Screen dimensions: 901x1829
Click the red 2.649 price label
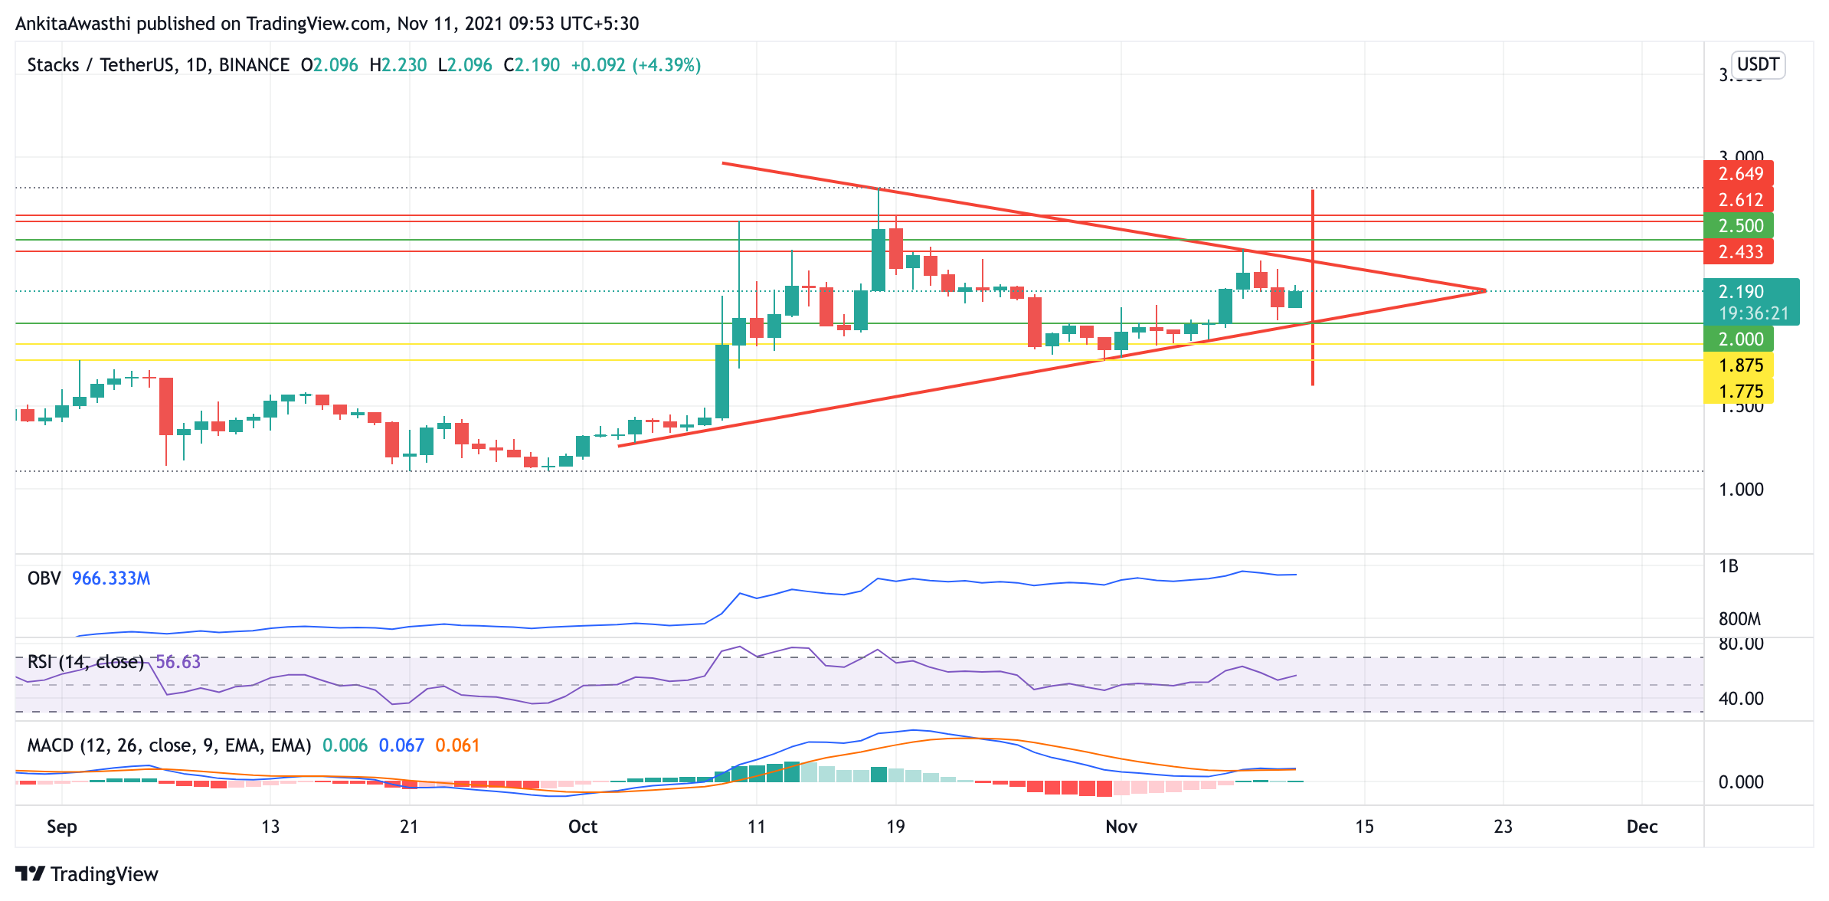[x=1739, y=174]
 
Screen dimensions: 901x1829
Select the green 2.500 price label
[x=1739, y=226]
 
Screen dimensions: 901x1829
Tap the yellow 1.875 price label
[x=1739, y=365]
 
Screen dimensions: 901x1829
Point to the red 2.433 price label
[x=1739, y=252]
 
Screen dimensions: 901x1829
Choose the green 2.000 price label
[x=1739, y=339]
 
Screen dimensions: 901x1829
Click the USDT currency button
[x=1757, y=64]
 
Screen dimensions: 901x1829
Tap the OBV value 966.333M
[x=111, y=578]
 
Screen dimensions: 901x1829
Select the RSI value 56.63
[x=178, y=662]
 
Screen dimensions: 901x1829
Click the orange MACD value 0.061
[x=457, y=745]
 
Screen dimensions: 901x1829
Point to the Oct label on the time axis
[x=583, y=827]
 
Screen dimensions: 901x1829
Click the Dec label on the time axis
[x=1642, y=827]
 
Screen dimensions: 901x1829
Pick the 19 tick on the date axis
[x=895, y=827]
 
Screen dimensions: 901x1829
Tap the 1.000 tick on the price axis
[x=1740, y=490]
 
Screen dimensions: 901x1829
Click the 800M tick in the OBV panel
[x=1739, y=619]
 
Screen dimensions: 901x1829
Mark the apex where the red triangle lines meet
[x=1484, y=290]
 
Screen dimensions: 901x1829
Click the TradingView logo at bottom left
[x=87, y=874]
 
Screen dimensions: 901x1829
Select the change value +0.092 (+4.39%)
[x=636, y=65]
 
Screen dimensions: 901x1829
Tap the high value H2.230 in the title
[x=398, y=65]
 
